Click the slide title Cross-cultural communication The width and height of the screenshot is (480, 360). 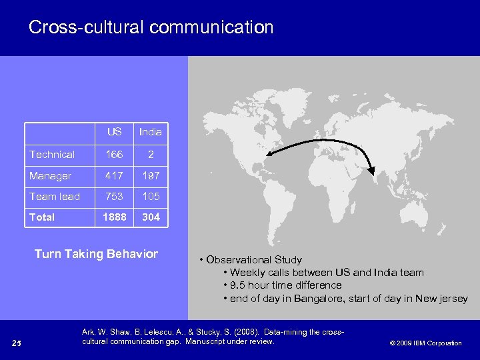coord(151,27)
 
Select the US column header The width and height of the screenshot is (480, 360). coord(114,132)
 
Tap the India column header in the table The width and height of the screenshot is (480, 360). coord(150,132)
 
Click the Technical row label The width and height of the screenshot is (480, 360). coord(52,154)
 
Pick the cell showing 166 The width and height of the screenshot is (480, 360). coord(114,154)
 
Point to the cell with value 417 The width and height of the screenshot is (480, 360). coord(114,175)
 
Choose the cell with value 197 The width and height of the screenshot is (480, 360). coord(151,175)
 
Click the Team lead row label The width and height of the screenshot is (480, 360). coord(54,196)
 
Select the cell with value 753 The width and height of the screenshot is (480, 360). coord(114,196)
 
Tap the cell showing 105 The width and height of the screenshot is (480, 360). coord(151,196)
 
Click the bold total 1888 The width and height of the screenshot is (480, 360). coord(114,217)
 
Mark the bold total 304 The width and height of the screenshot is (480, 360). coord(151,217)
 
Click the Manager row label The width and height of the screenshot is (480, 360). coord(50,175)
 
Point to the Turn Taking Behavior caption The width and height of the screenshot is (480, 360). coord(96,254)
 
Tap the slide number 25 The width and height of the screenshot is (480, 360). coord(18,343)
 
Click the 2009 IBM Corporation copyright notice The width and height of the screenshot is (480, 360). coord(425,343)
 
